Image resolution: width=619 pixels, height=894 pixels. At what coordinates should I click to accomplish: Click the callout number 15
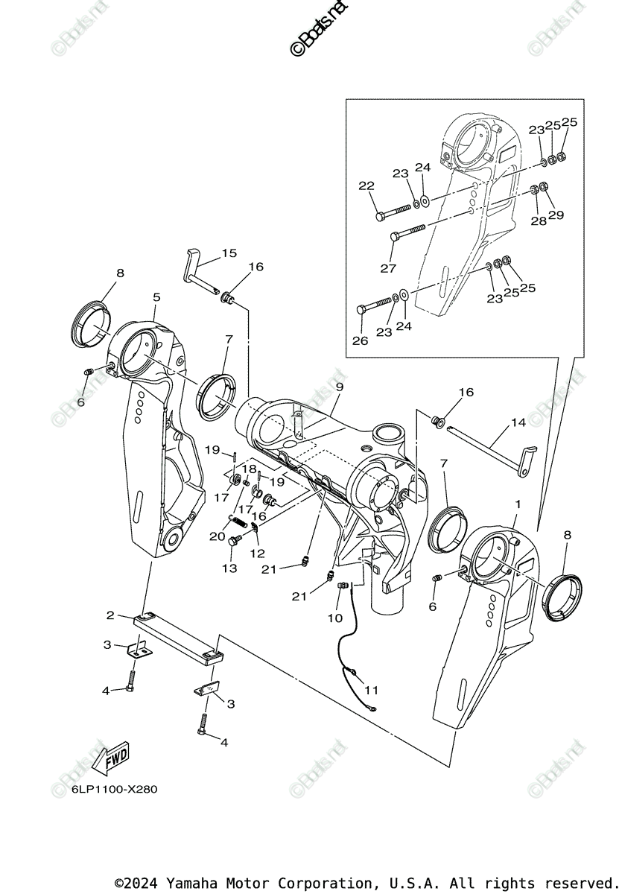tap(229, 253)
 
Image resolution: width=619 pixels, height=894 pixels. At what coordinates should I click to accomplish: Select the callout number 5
tap(156, 297)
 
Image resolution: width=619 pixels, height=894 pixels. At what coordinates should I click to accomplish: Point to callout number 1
tap(518, 504)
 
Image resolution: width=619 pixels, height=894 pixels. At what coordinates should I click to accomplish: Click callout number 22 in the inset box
tap(366, 186)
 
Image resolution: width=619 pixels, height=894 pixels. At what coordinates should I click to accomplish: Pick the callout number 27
tap(388, 268)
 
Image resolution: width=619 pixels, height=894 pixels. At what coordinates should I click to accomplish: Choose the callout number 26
tap(361, 340)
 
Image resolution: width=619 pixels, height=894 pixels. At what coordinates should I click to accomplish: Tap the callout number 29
tap(556, 215)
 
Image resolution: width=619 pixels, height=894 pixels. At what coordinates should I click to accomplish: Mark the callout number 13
tap(229, 568)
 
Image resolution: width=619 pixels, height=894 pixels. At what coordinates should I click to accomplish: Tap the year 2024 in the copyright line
tap(144, 883)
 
